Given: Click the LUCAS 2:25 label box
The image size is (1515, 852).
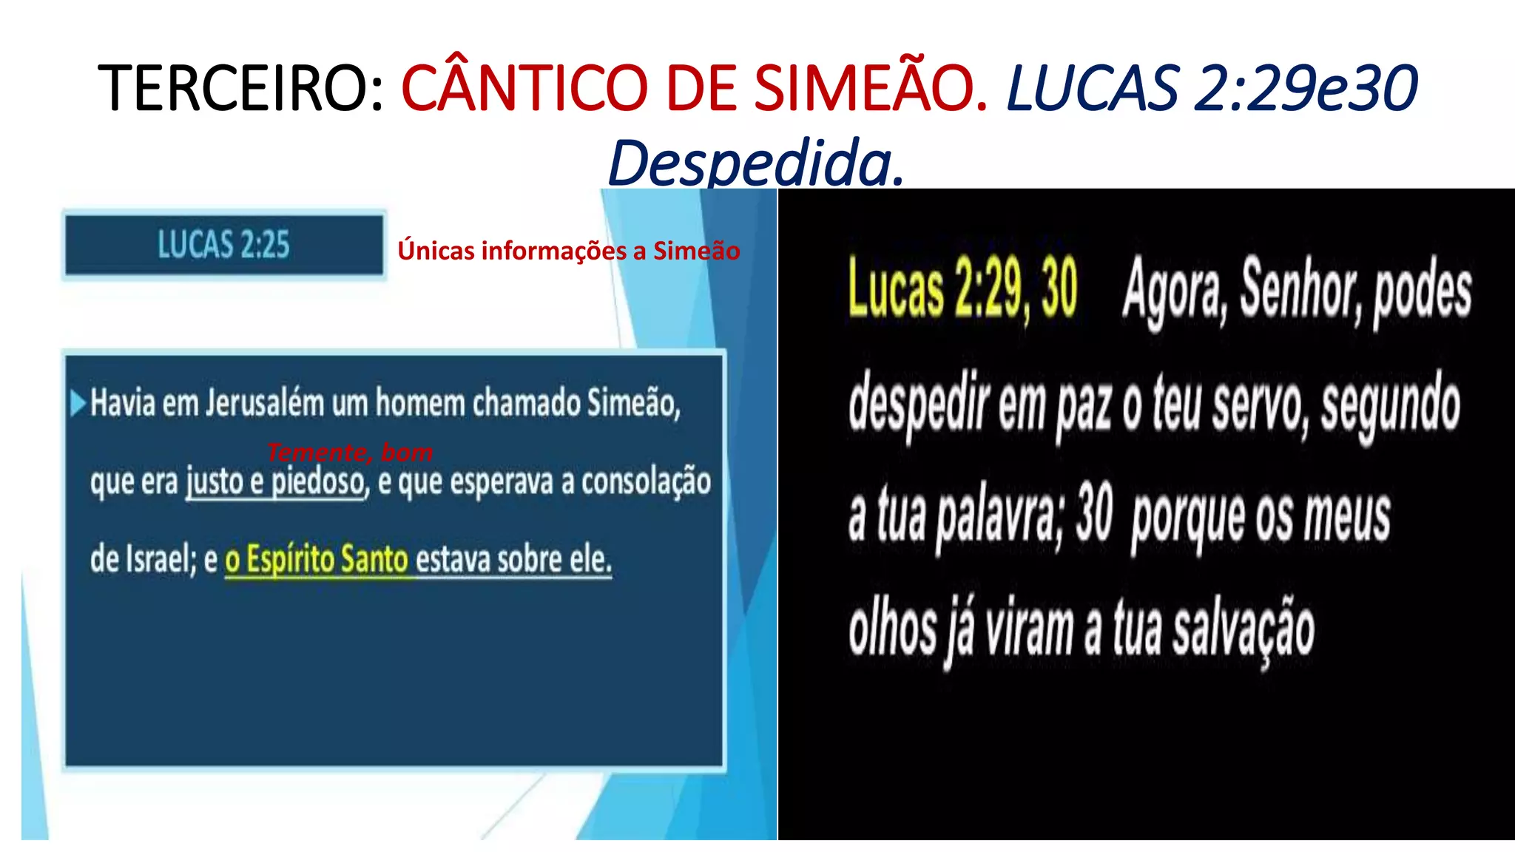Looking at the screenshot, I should (223, 245).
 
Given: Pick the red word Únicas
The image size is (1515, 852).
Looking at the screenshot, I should (436, 251).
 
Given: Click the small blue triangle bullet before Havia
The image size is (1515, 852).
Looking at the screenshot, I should (77, 403).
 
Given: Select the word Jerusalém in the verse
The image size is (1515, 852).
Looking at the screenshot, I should (265, 404).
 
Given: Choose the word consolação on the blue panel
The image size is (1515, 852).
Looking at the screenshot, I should (646, 482).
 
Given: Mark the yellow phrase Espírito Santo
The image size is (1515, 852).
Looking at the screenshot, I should (326, 560).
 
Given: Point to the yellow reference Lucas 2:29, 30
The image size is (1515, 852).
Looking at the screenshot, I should (962, 288).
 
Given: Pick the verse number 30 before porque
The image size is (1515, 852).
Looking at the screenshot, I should (1094, 513).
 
